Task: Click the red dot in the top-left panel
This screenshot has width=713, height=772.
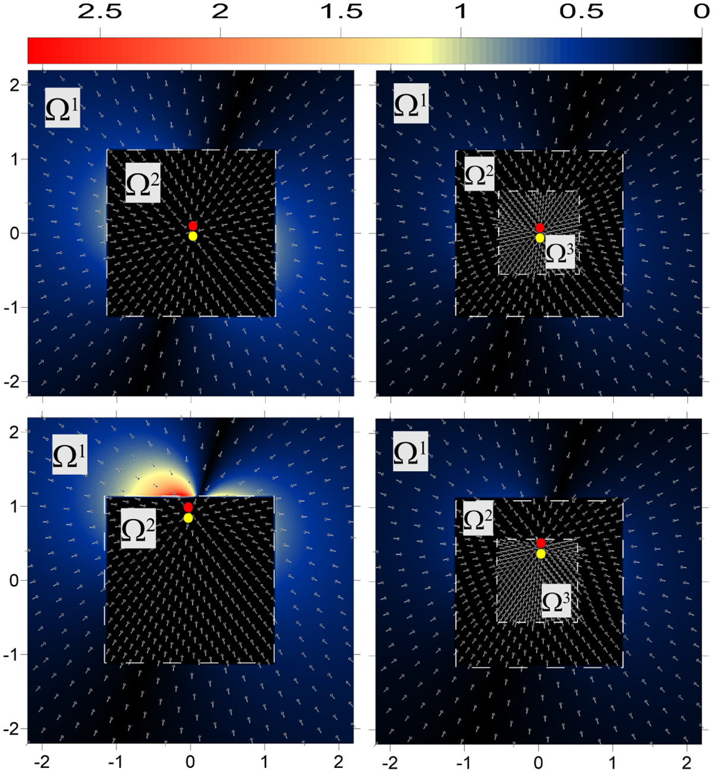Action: point(193,226)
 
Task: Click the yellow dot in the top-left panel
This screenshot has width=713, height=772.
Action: point(193,236)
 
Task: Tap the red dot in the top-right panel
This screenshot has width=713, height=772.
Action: point(540,228)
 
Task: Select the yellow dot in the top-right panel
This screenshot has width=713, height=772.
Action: point(540,238)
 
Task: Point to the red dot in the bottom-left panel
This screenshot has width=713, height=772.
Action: point(188,507)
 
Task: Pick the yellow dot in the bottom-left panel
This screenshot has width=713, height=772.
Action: point(188,518)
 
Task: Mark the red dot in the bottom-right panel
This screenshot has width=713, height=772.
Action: point(541,543)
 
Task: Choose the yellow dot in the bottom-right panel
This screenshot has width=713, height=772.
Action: point(541,554)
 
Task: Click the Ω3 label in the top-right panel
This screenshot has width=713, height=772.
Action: point(560,252)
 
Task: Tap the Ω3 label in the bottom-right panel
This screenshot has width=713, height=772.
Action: point(556,601)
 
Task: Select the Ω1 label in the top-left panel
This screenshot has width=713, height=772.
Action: point(62,107)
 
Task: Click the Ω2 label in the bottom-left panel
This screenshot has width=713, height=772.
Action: point(138,529)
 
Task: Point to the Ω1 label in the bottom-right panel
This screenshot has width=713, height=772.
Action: point(411,451)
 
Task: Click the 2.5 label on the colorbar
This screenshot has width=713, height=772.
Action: point(100,12)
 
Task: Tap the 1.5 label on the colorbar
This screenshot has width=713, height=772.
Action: point(341,12)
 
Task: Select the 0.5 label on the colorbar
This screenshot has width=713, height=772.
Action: point(582,12)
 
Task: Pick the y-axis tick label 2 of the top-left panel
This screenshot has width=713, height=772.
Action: point(15,86)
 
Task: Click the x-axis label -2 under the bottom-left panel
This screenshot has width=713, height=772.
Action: point(42,761)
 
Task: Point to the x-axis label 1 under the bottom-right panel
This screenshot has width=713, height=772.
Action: point(613,761)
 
